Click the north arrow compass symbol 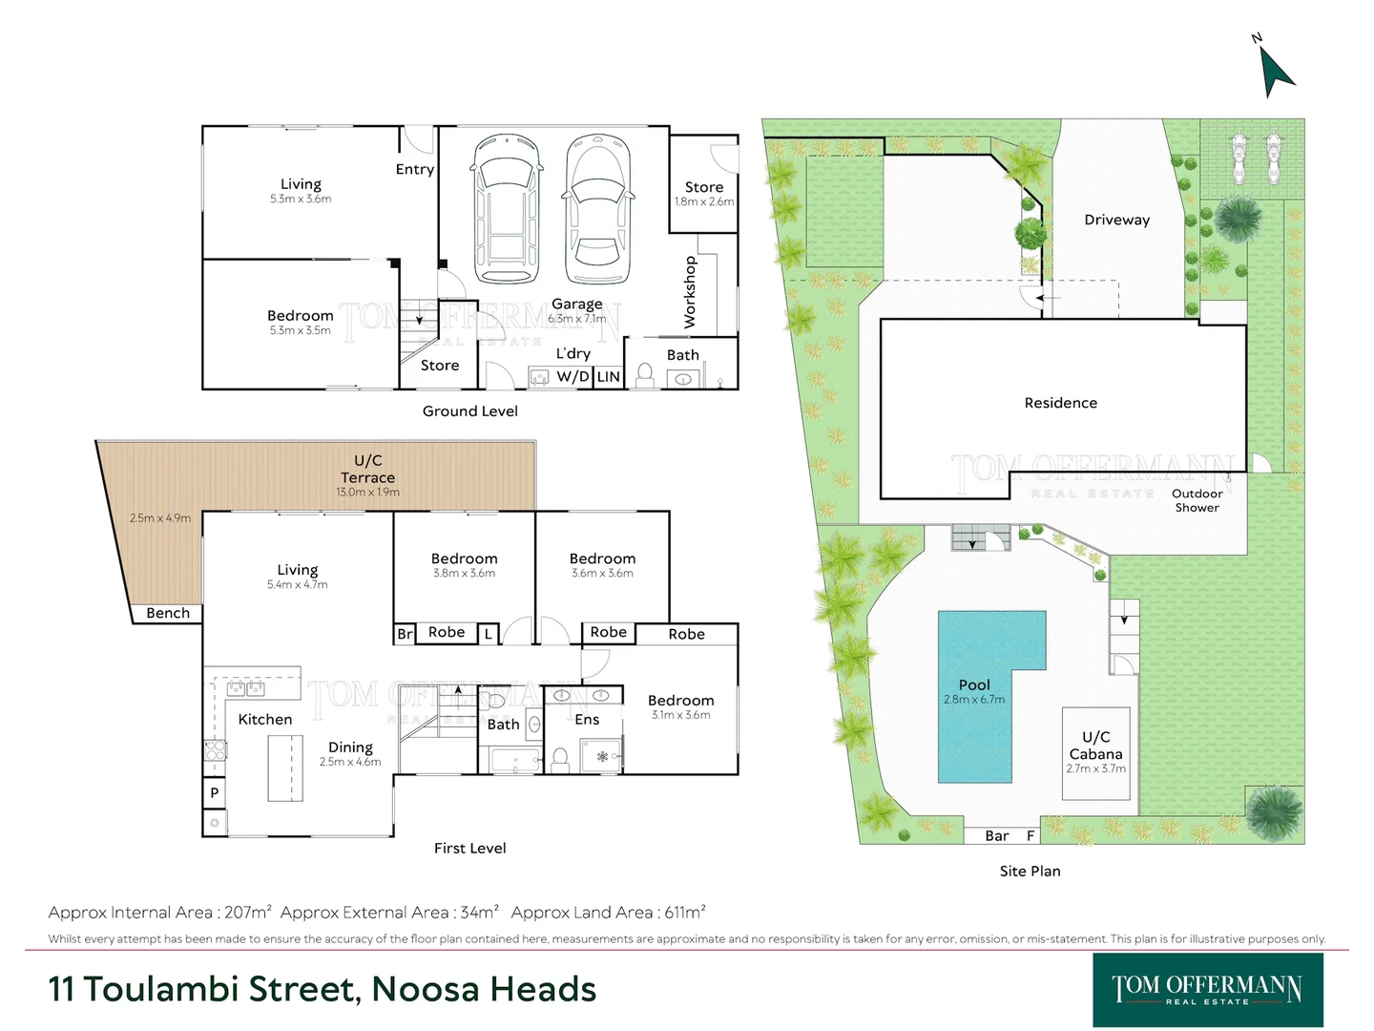[x=1275, y=71]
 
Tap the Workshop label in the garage [x=690, y=292]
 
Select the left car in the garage [x=507, y=208]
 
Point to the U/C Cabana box [x=1096, y=752]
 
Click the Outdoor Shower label [x=1197, y=500]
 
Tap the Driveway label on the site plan [x=1116, y=220]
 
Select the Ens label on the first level [x=587, y=720]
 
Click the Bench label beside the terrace [x=168, y=613]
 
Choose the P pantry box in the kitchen [x=215, y=792]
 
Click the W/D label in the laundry [x=572, y=377]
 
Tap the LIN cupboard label [x=609, y=377]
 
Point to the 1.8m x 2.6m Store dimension [x=704, y=202]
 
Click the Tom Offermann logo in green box [x=1207, y=989]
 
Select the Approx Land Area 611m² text [x=608, y=913]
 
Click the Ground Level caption [x=469, y=411]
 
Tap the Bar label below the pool [x=996, y=836]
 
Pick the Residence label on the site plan [x=1060, y=403]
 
